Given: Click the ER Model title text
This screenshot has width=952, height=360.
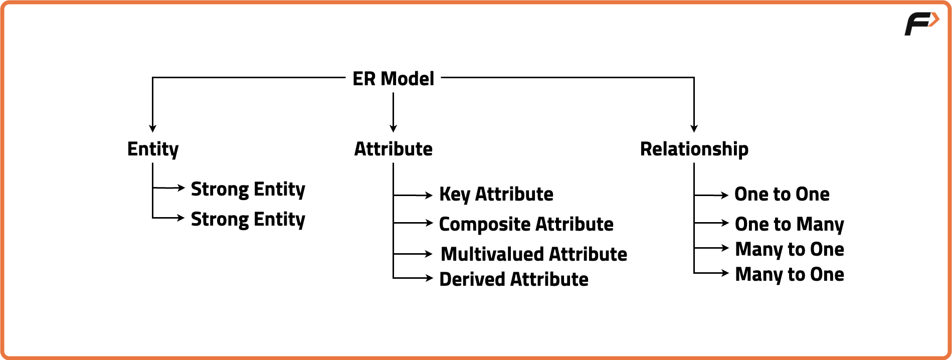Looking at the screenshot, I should pyautogui.click(x=393, y=79).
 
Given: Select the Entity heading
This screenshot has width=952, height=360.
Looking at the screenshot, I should pyautogui.click(x=153, y=149).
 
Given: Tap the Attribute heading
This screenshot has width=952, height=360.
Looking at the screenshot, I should pyautogui.click(x=393, y=149).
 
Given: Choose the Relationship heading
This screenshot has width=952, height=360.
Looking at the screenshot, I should pyautogui.click(x=694, y=149).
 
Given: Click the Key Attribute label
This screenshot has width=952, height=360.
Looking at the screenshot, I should pyautogui.click(x=496, y=194).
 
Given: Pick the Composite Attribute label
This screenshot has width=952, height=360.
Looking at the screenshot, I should pyautogui.click(x=526, y=224).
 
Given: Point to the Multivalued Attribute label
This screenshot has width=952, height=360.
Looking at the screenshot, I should pyautogui.click(x=533, y=254).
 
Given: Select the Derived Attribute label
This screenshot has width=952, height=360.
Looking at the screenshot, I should pyautogui.click(x=513, y=279).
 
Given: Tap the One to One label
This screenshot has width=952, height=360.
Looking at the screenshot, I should pyautogui.click(x=782, y=194).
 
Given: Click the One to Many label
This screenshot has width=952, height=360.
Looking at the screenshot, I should pyautogui.click(x=789, y=224).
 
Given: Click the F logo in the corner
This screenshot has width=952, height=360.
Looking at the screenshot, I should pyautogui.click(x=921, y=24).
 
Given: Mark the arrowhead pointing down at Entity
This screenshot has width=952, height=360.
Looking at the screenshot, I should pyautogui.click(x=153, y=128).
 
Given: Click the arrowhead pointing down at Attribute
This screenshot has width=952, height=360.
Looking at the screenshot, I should pyautogui.click(x=393, y=128).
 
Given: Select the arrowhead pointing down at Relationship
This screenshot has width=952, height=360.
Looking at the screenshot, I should pyautogui.click(x=694, y=128).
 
